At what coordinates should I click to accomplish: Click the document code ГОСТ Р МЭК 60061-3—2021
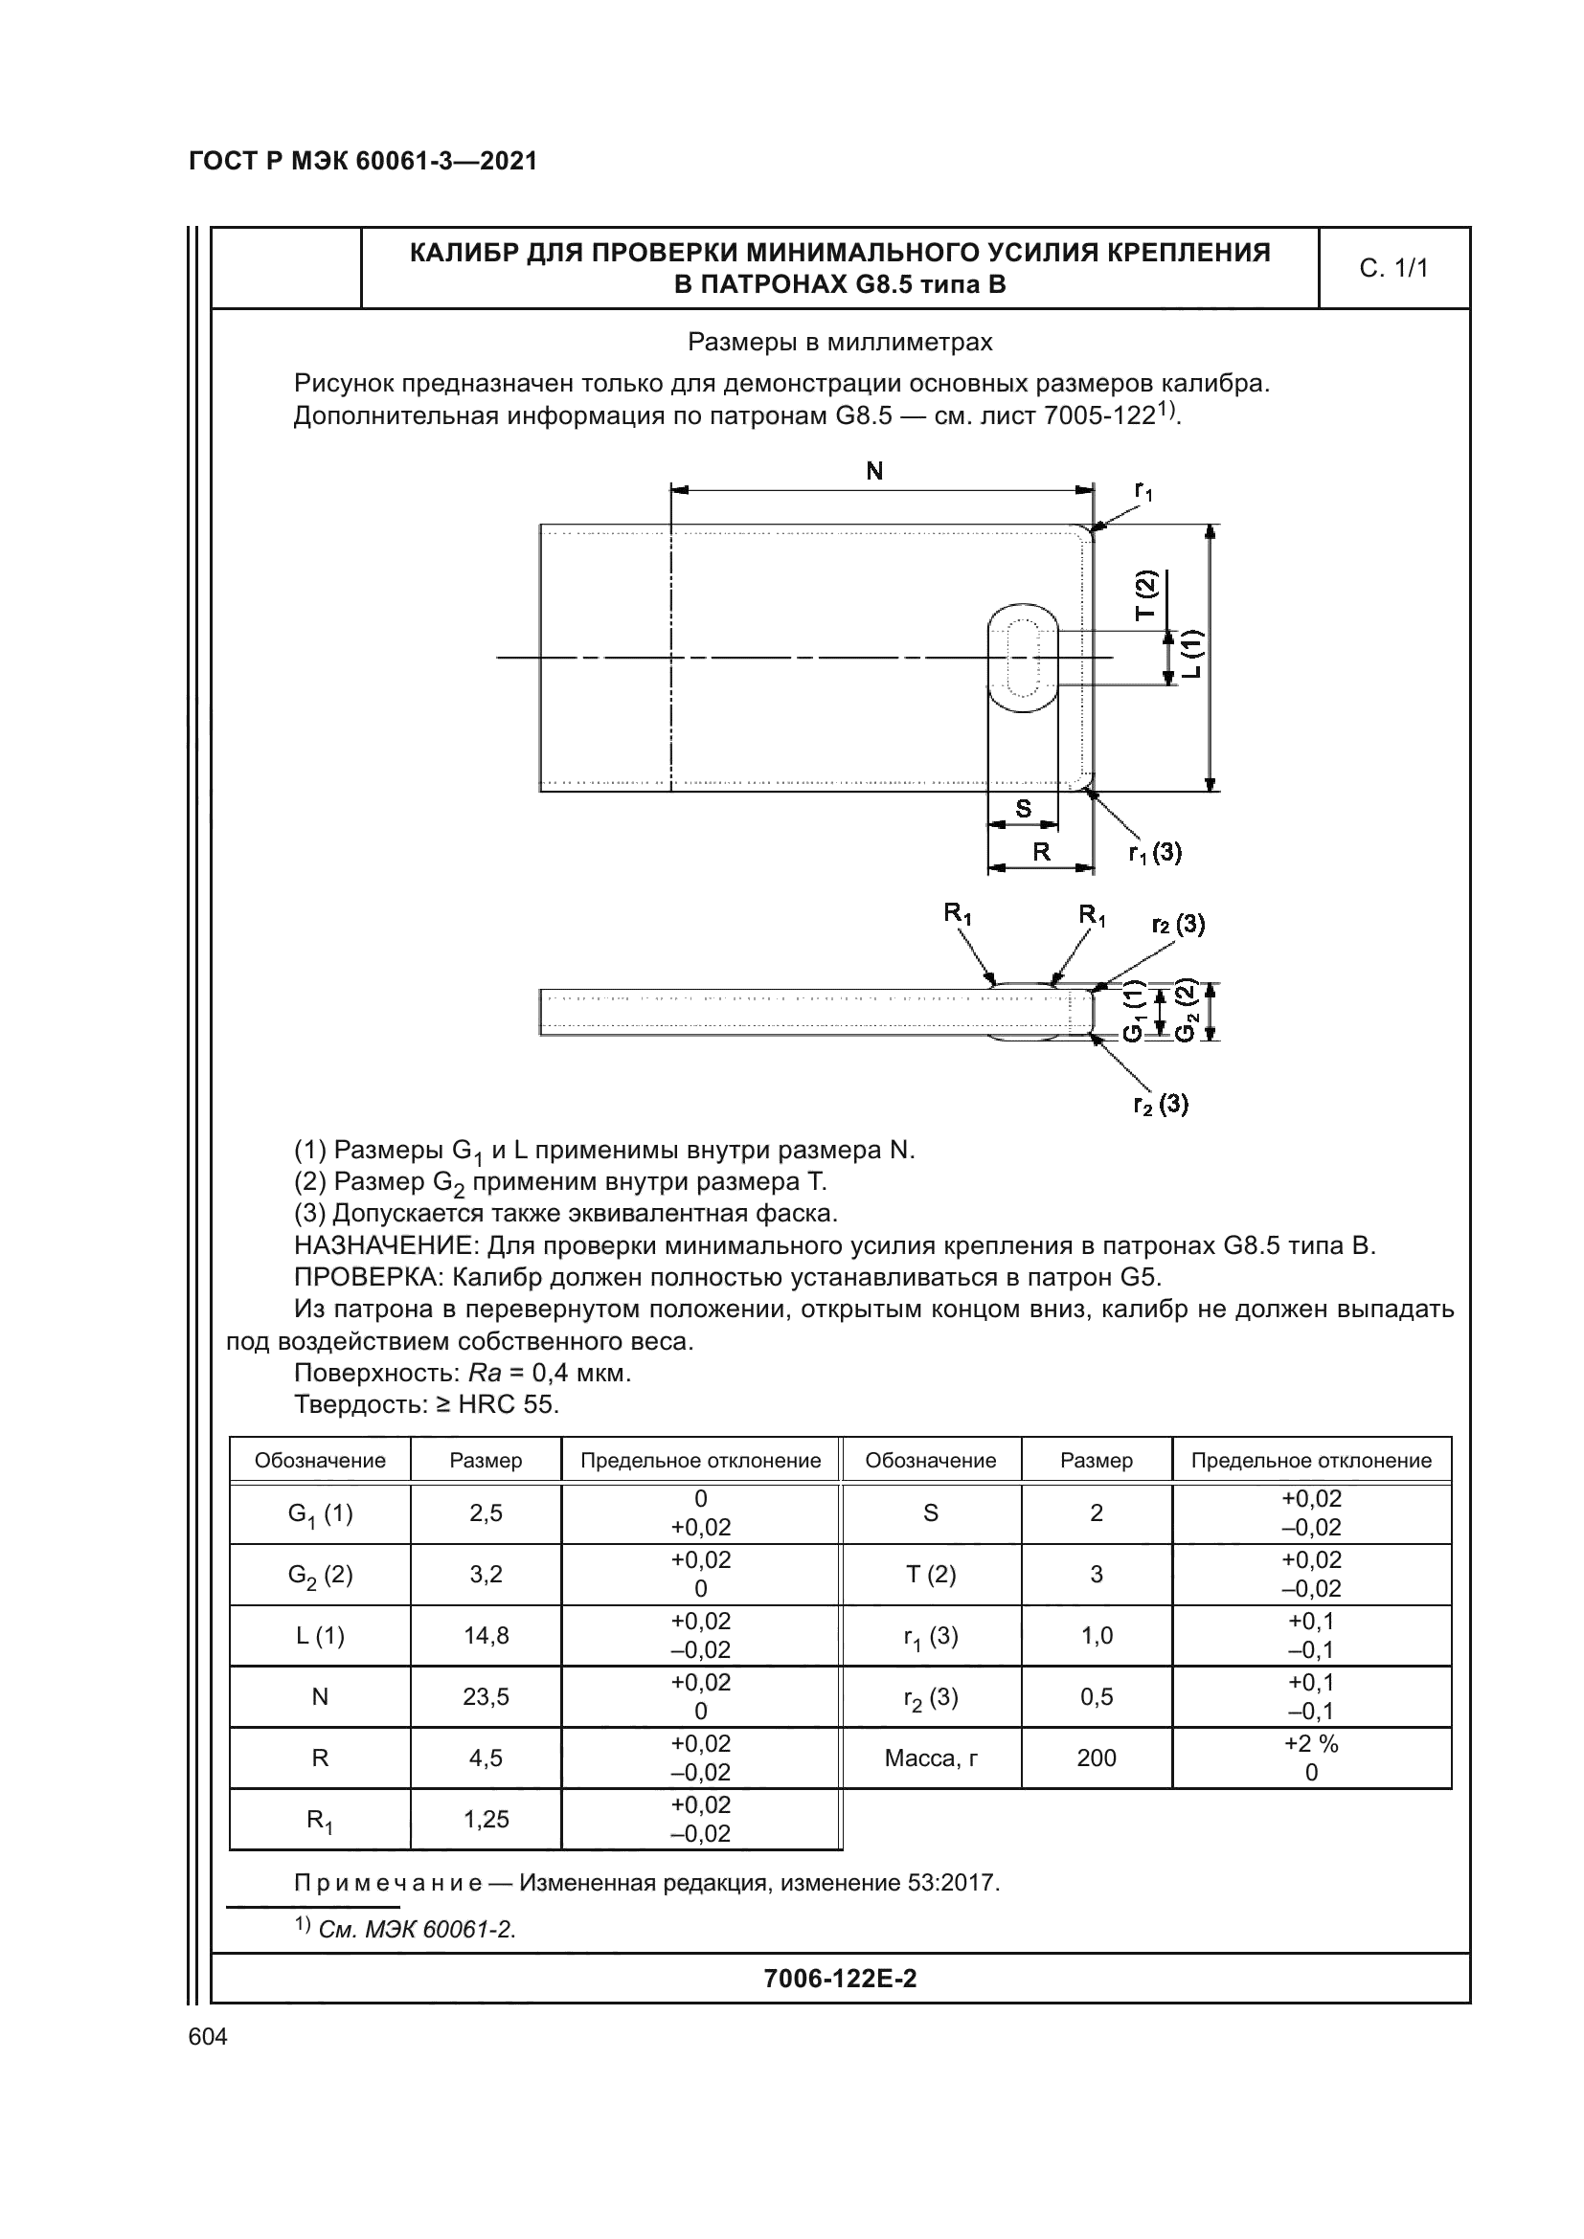point(363,162)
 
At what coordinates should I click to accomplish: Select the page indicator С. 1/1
point(1392,268)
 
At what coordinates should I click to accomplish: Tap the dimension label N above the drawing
point(874,472)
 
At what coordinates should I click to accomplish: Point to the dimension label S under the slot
point(1023,809)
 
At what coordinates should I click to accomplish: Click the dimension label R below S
point(1041,852)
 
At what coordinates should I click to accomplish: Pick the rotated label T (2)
point(1145,594)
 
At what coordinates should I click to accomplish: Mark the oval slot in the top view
point(1022,659)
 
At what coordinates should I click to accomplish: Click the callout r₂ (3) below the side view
point(1160,1104)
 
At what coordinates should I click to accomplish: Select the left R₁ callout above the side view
point(957,914)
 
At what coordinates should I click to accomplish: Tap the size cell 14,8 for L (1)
point(486,1635)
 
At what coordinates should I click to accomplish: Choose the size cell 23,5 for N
point(486,1697)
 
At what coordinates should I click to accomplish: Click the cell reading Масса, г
point(931,1758)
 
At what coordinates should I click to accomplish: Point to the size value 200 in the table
point(1097,1758)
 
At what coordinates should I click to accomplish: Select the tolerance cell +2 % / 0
point(1311,1758)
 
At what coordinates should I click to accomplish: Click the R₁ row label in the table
point(320,1820)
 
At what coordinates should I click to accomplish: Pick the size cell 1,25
point(486,1820)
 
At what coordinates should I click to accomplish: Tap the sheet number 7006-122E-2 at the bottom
point(840,1979)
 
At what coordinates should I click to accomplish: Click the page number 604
point(208,2037)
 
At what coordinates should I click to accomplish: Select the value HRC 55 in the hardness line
point(509,1405)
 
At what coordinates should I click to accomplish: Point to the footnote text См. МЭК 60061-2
point(417,1929)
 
